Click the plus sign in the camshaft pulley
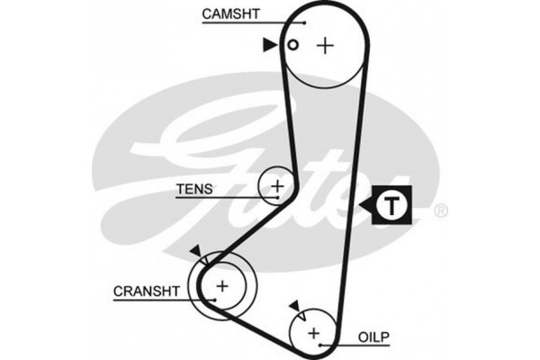point(325,45)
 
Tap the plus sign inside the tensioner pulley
point(277,186)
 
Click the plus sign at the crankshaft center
point(221,287)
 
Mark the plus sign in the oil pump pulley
point(313,334)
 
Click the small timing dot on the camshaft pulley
point(292,45)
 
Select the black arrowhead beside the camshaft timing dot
point(270,44)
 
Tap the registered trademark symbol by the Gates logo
point(440,212)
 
